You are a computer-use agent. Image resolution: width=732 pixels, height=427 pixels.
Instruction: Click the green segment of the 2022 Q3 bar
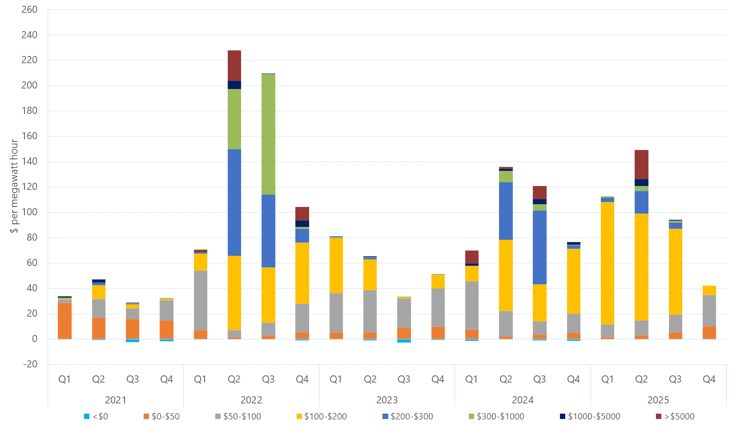(x=268, y=134)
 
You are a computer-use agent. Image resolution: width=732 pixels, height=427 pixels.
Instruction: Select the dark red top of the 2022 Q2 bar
(x=234, y=65)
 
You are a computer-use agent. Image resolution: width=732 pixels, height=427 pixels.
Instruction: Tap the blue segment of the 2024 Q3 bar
(x=539, y=247)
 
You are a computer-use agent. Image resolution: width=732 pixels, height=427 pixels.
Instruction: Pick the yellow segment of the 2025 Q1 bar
(x=607, y=263)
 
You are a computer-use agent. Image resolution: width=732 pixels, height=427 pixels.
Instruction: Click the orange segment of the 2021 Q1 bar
(x=64, y=321)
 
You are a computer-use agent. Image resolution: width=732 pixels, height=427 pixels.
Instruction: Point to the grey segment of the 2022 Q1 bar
(x=201, y=300)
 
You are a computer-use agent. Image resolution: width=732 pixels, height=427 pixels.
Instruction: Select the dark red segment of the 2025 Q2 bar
(x=641, y=165)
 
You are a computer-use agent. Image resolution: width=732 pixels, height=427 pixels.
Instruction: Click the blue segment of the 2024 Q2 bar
(x=506, y=211)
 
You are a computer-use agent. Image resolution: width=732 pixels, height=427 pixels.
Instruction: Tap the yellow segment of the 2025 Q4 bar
(x=709, y=290)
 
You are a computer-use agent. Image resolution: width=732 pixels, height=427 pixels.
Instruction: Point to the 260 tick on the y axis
(x=29, y=9)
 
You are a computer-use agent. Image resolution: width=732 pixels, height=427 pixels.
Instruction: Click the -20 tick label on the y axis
(x=30, y=364)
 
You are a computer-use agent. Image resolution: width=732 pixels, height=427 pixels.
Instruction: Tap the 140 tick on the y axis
(x=29, y=161)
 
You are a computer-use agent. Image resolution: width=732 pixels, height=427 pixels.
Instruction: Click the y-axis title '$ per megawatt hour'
(x=14, y=186)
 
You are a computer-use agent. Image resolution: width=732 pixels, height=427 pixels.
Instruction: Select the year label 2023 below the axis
(x=387, y=400)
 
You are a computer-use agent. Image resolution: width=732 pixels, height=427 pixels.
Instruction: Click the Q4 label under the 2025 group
(x=709, y=379)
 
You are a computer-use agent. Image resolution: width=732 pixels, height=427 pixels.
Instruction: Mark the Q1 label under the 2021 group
(x=64, y=379)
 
